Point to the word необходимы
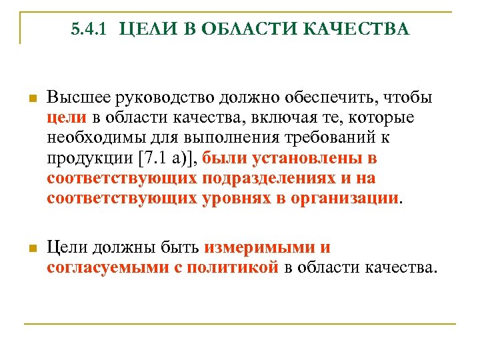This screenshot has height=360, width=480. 96,139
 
